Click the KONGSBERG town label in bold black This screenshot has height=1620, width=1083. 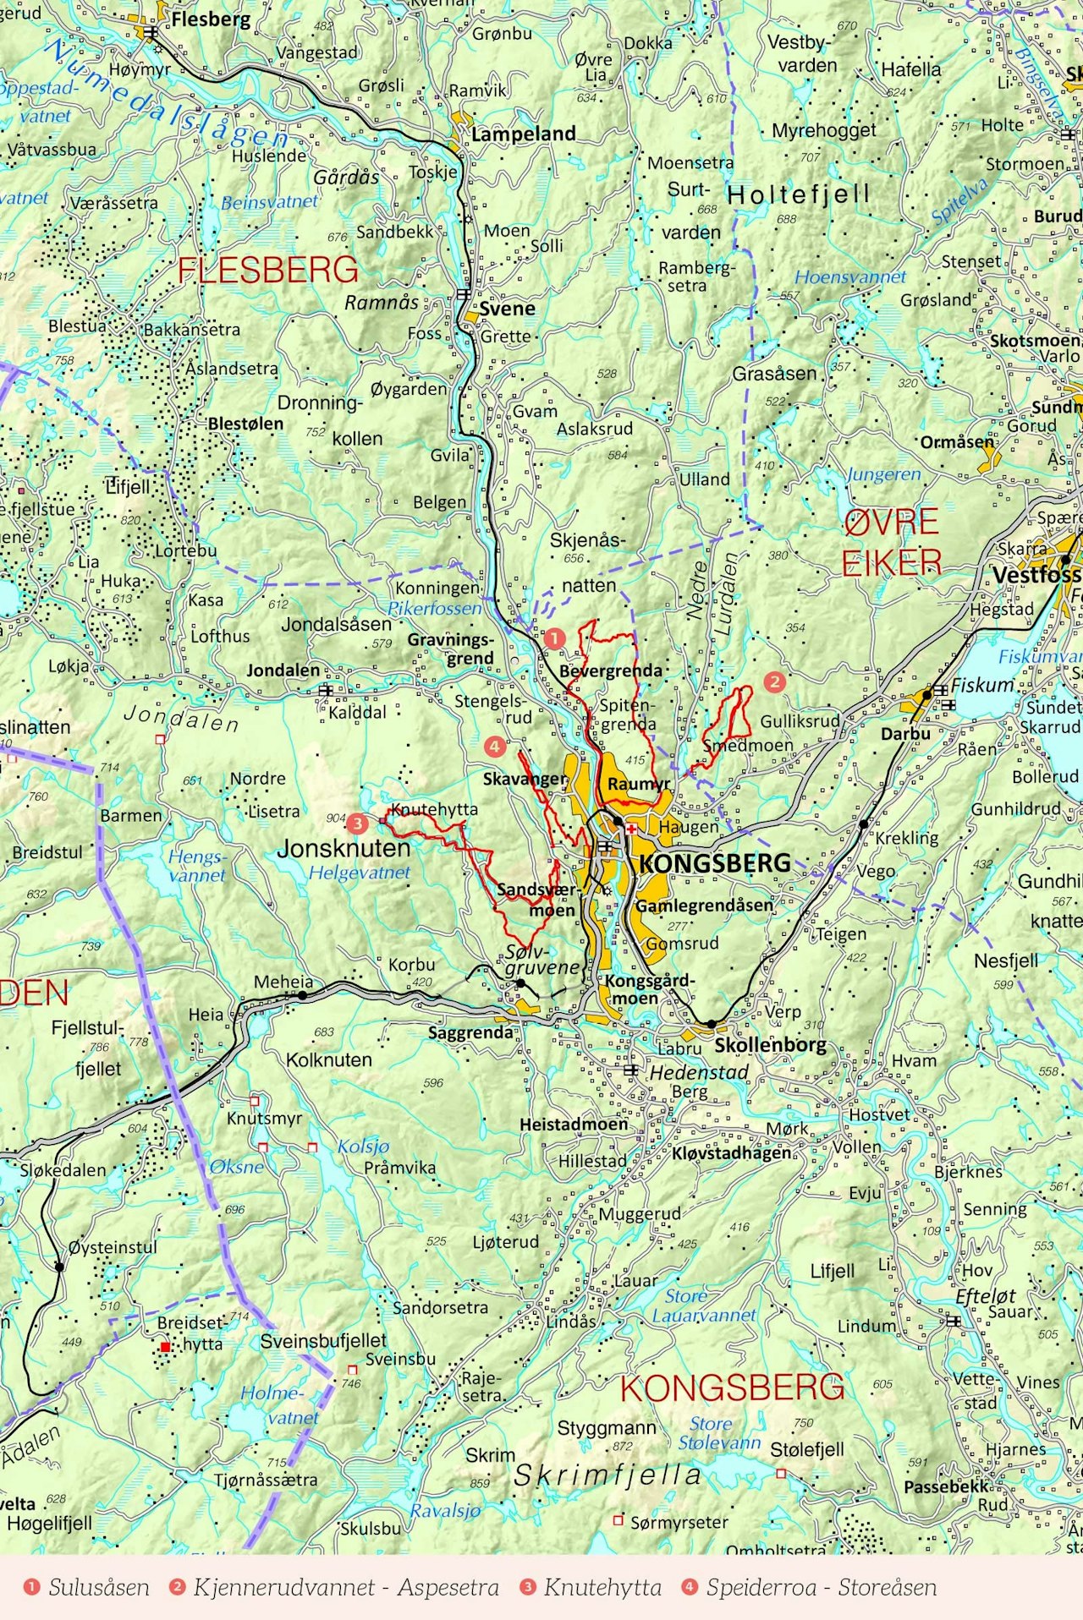click(715, 863)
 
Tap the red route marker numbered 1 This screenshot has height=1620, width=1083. click(553, 638)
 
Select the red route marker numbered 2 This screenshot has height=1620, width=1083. click(774, 681)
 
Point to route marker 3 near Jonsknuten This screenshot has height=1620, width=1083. click(358, 822)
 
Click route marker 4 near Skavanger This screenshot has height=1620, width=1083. click(495, 747)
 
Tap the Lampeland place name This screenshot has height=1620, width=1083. click(523, 134)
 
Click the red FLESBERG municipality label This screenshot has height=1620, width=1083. click(267, 271)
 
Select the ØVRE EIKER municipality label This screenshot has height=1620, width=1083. click(892, 542)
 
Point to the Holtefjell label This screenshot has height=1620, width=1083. click(799, 194)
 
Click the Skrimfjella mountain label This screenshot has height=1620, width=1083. click(607, 1475)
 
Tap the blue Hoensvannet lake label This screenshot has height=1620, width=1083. click(849, 276)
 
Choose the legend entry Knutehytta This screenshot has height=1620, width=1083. click(602, 1587)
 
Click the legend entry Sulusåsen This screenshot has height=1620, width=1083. click(98, 1587)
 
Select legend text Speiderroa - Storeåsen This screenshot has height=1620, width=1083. click(821, 1587)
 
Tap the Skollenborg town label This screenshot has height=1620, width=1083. click(770, 1044)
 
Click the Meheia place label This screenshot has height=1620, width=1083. click(283, 982)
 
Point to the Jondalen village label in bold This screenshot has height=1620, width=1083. click(283, 670)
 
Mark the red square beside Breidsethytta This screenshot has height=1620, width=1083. click(166, 1346)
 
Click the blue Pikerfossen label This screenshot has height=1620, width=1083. click(434, 608)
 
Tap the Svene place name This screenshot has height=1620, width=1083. click(507, 309)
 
